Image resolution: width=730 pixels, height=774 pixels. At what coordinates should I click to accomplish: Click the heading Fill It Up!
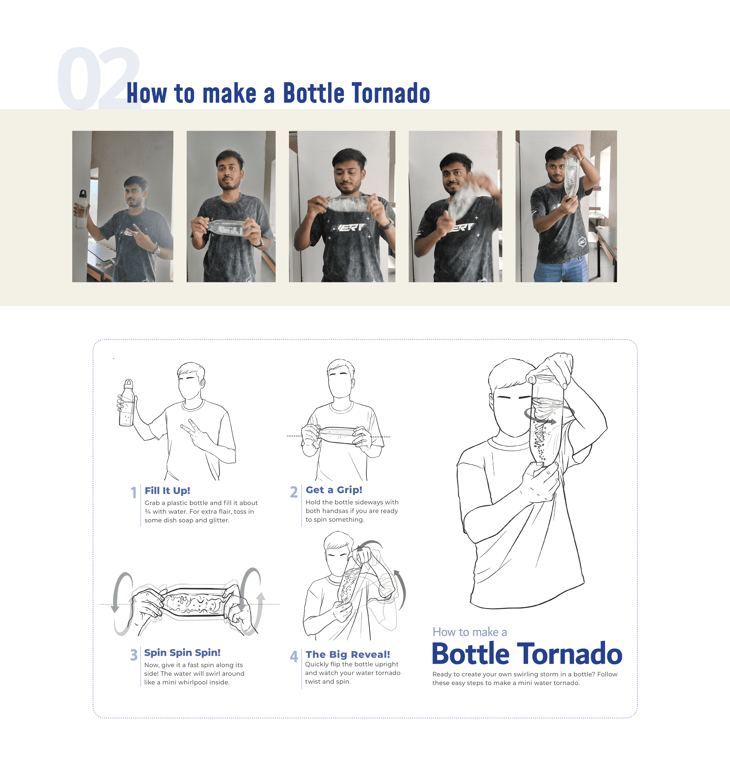[167, 491]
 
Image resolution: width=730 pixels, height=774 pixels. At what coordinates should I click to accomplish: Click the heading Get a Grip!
[334, 490]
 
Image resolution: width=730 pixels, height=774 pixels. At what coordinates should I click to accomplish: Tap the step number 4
[294, 656]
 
